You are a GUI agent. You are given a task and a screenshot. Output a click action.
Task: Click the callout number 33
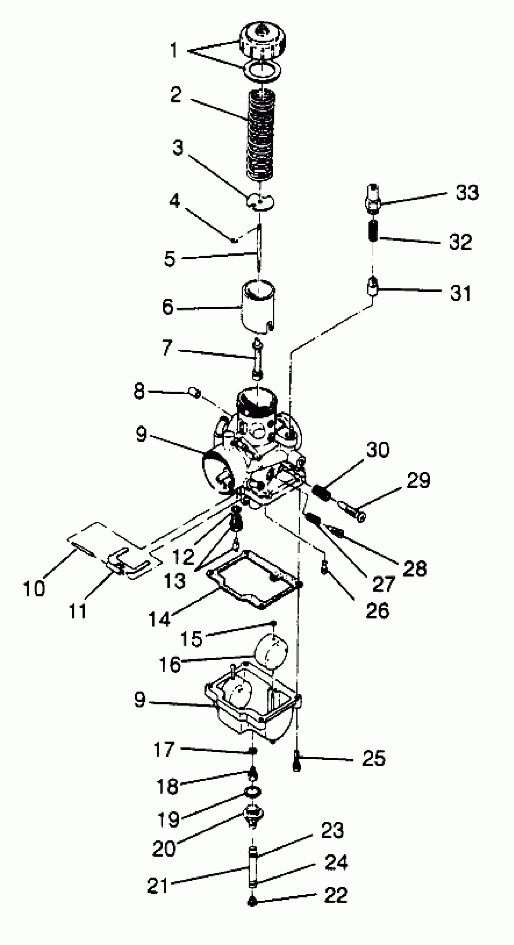[x=467, y=192]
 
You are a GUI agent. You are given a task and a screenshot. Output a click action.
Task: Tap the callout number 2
[x=176, y=94]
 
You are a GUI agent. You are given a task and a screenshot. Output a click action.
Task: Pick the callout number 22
[x=336, y=895]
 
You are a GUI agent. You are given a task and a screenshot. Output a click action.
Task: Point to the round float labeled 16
[x=272, y=650]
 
